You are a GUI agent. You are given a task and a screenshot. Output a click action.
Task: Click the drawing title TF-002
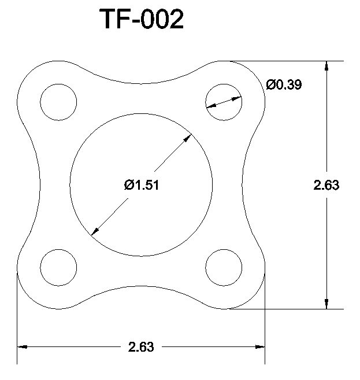tap(142, 19)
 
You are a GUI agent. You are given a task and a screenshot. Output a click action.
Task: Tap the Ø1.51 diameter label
tap(142, 185)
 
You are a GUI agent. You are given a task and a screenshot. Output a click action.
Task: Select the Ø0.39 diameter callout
tap(284, 84)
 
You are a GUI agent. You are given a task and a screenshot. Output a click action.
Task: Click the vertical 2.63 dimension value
tap(326, 185)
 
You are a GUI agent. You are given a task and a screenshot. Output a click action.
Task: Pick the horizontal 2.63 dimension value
tap(141, 347)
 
